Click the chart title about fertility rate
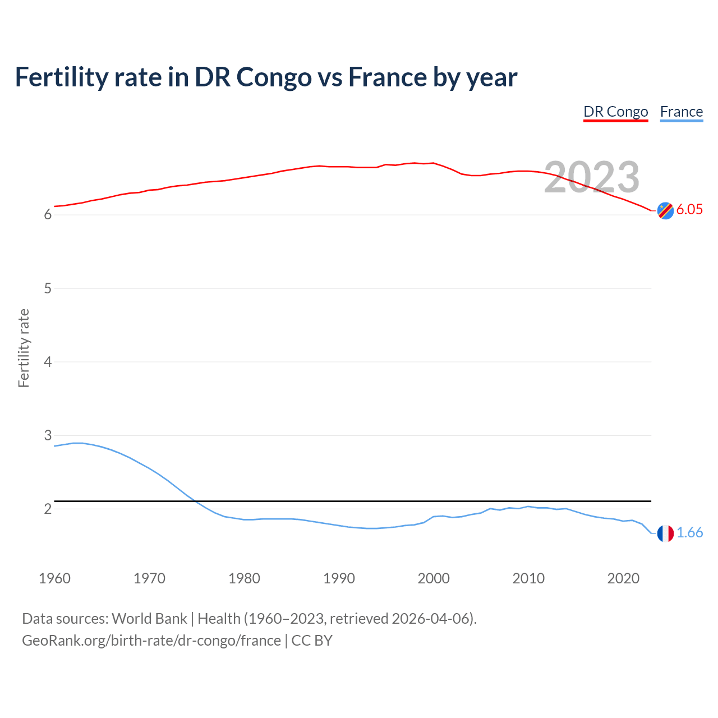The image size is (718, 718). pos(266,77)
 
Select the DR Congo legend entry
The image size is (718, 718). pos(615,112)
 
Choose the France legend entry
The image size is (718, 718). pos(681,112)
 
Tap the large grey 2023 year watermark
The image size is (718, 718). pos(592,177)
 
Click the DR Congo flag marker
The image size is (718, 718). pos(665,210)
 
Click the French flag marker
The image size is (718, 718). pos(665,533)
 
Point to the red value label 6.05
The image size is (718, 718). pos(689,210)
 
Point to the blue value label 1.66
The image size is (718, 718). pos(689,533)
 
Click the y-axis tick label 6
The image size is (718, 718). pos(48,215)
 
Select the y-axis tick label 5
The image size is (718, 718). pos(48,288)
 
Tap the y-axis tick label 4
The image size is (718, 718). pos(48,362)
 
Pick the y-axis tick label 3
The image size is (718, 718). pos(48,435)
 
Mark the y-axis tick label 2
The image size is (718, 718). pos(48,509)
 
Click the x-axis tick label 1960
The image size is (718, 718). pos(54,578)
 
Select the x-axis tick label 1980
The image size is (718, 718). pos(244,578)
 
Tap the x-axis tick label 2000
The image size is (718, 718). pos(434,578)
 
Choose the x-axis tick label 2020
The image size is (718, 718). pos(623,578)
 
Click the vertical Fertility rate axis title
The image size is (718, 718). pos(24,348)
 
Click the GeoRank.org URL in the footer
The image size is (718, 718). pos(151,641)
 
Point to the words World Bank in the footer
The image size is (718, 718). pos(149,619)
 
